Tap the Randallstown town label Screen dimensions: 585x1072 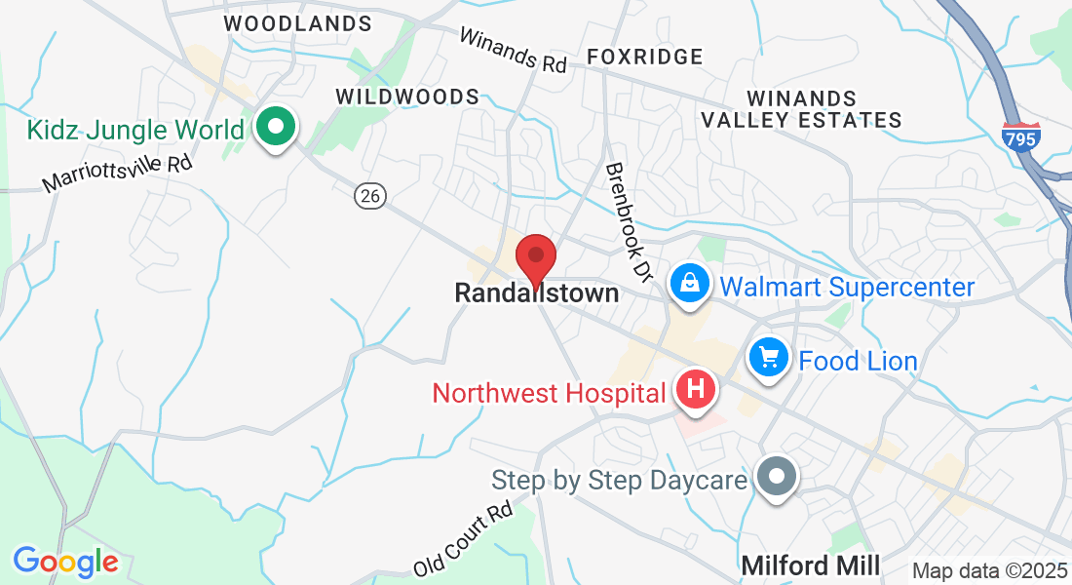coord(536,292)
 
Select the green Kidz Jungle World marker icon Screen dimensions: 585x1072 coord(276,128)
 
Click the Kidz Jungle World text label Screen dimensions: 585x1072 coord(135,130)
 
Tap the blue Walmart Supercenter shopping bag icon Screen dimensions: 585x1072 coord(689,285)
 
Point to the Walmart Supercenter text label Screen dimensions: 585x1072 coord(847,287)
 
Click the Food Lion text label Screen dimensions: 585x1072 coord(858,361)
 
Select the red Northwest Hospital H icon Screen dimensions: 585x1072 coord(695,390)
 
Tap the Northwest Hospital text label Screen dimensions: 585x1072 coord(550,393)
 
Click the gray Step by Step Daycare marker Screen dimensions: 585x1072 coord(777,479)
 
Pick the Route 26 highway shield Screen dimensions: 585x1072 coord(370,196)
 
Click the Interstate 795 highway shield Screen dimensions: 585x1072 coord(1020,136)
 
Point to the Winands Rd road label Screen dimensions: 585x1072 coord(512,50)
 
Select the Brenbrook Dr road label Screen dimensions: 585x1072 coord(628,217)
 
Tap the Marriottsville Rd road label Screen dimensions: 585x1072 coord(117,173)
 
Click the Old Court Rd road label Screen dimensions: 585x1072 coord(462,538)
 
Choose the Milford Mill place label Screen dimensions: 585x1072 coord(811,565)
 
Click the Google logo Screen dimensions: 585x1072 coord(65,562)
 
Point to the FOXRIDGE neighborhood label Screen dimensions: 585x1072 coord(644,57)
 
